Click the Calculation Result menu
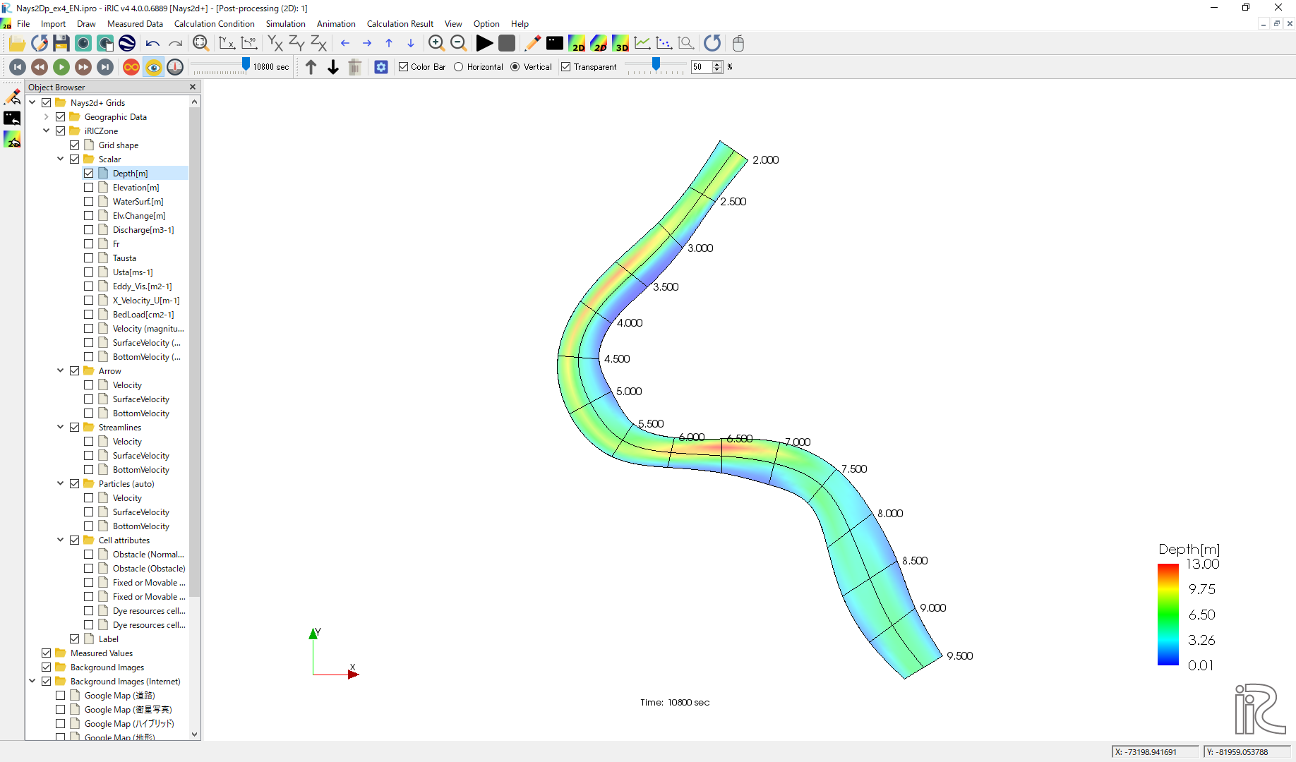click(x=400, y=24)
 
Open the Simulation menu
click(x=285, y=24)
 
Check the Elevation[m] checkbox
click(x=88, y=188)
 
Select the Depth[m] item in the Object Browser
click(x=130, y=174)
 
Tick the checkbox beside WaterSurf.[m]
click(x=88, y=202)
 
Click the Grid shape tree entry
click(x=118, y=145)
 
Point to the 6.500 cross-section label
click(x=740, y=439)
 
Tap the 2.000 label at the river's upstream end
click(x=765, y=160)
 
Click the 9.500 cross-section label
click(x=960, y=656)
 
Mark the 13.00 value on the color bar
click(x=1203, y=564)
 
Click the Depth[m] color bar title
click(x=1189, y=549)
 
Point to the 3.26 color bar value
click(x=1201, y=640)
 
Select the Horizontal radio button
click(x=458, y=67)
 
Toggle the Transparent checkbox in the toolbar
click(x=565, y=67)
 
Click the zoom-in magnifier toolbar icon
click(x=436, y=44)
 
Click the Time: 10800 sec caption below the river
click(x=675, y=703)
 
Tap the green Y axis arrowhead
click(x=313, y=634)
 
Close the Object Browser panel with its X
click(x=193, y=87)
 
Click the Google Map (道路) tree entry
click(x=119, y=696)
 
